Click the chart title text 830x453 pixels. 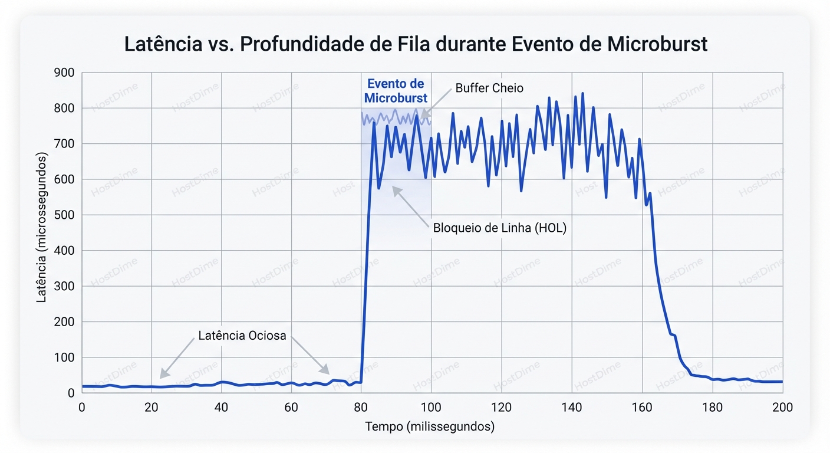[416, 44]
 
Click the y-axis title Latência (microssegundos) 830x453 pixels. [42, 228]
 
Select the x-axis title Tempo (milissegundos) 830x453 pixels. [429, 426]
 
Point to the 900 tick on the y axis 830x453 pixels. [63, 73]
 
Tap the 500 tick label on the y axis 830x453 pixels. [63, 215]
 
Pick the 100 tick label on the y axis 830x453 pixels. [63, 358]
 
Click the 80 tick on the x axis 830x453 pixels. [361, 407]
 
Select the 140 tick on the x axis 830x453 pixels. [571, 407]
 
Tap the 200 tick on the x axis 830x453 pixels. [782, 407]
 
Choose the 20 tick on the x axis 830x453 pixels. [151, 407]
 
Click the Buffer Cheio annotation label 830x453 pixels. [489, 88]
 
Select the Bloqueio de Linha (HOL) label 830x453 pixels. [499, 228]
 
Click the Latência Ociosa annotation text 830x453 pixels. [242, 336]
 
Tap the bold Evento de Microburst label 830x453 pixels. [396, 91]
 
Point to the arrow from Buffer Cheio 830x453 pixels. [436, 103]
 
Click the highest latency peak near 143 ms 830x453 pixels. [582, 94]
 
